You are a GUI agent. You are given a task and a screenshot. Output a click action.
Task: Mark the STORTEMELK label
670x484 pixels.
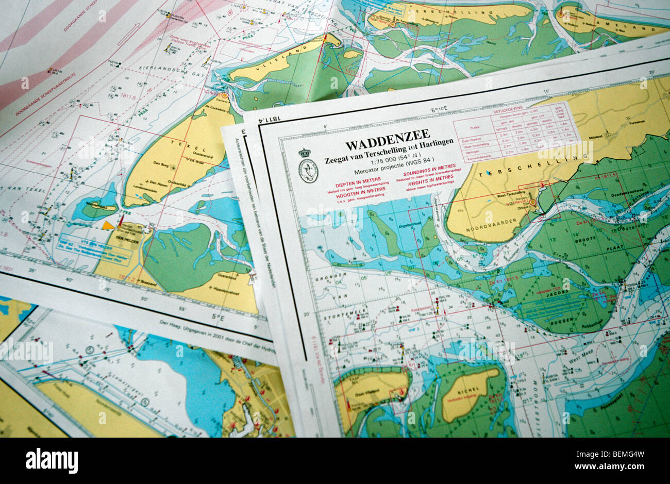tap(335, 311)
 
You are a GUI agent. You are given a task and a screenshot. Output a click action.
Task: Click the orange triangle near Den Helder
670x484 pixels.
tap(108, 225)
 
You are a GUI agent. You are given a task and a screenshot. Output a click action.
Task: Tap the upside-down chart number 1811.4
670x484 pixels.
tap(273, 120)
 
